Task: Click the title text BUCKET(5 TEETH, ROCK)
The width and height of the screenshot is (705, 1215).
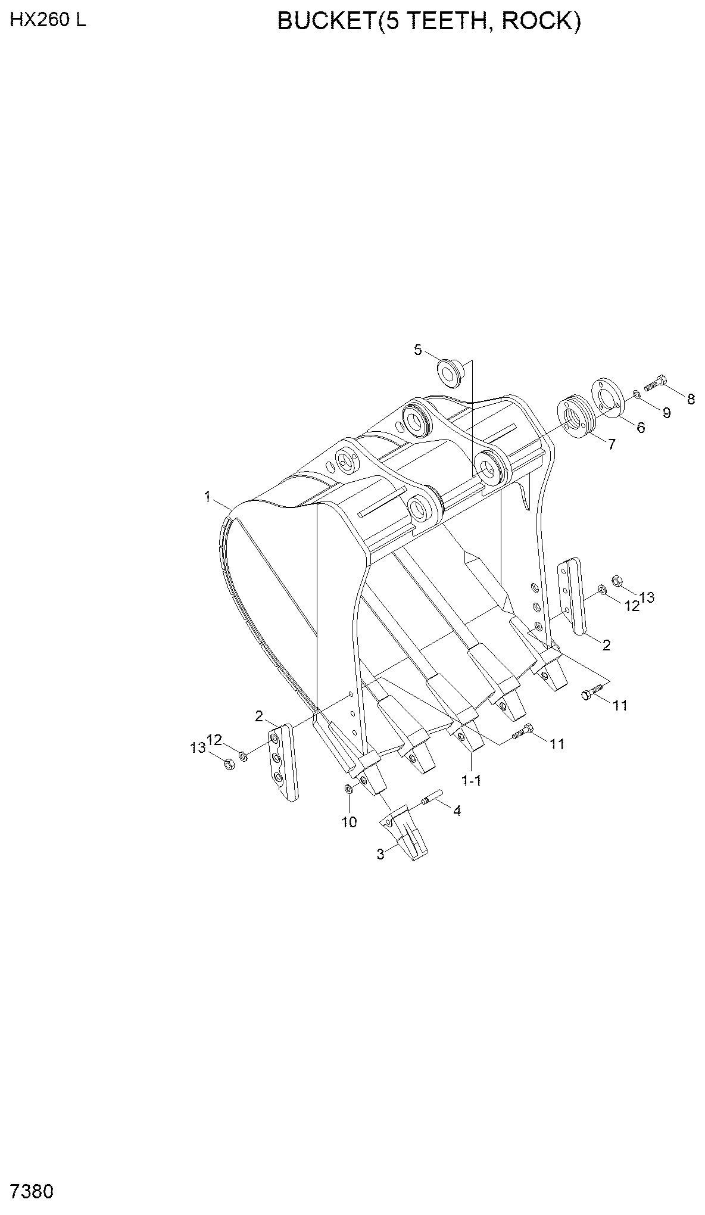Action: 429,22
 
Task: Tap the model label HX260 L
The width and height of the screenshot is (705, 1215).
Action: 48,20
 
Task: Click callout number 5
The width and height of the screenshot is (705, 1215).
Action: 418,350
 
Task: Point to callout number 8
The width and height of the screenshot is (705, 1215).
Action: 691,399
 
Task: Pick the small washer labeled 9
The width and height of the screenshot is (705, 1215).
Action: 636,394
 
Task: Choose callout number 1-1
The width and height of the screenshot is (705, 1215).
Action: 472,780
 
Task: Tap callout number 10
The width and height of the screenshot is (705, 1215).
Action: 349,822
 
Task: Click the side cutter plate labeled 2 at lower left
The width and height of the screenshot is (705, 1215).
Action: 283,762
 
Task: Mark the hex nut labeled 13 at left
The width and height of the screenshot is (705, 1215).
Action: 229,764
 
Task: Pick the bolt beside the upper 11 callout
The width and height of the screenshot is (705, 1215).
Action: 592,692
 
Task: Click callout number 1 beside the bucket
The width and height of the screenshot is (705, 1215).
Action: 208,496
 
